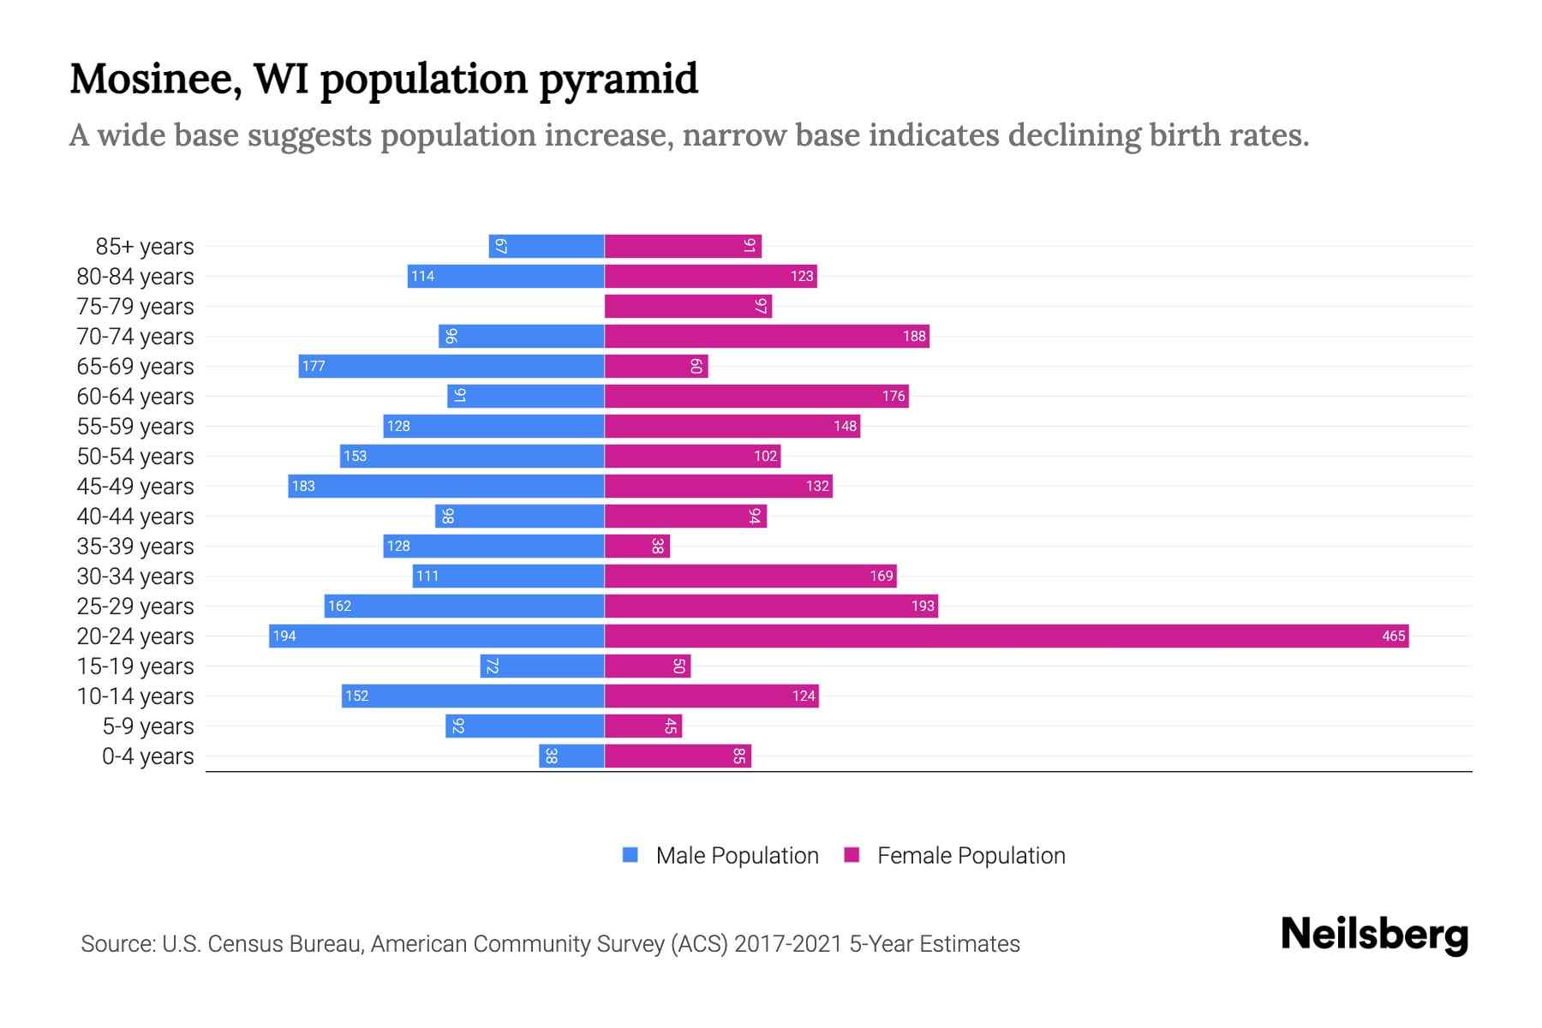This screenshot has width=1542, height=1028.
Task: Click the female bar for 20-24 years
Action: click(x=1007, y=636)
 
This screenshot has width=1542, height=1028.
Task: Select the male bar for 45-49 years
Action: click(x=446, y=486)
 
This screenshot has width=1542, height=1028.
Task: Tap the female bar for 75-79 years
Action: click(x=688, y=306)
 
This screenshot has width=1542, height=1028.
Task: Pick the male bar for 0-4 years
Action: click(x=571, y=756)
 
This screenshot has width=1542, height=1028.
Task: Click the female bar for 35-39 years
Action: click(x=637, y=546)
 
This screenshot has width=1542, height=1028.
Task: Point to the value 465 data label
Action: click(x=1393, y=636)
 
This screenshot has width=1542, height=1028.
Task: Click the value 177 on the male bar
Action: click(x=314, y=366)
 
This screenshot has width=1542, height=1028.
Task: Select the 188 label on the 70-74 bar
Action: click(x=914, y=336)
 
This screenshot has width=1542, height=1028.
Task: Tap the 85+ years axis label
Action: click(x=145, y=247)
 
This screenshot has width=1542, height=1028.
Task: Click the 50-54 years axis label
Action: click(x=135, y=457)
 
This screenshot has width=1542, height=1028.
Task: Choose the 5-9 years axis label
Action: click(x=148, y=726)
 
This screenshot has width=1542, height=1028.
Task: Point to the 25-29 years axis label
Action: click(x=135, y=607)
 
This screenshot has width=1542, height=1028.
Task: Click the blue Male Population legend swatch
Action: click(x=631, y=855)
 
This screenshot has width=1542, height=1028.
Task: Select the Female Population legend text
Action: click(x=971, y=856)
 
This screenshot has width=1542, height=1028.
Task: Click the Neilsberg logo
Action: click(x=1374, y=935)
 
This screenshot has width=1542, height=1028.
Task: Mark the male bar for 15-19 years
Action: click(x=542, y=666)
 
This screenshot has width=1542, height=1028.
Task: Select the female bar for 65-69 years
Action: click(x=656, y=366)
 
